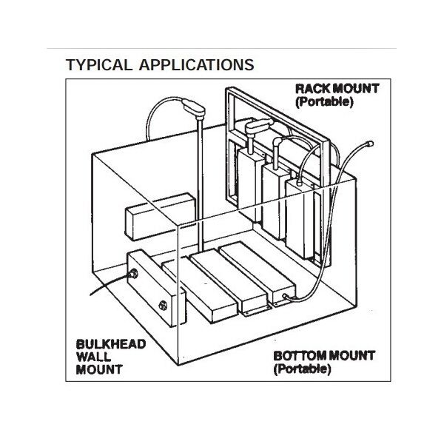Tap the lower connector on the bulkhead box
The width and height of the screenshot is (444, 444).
163,304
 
